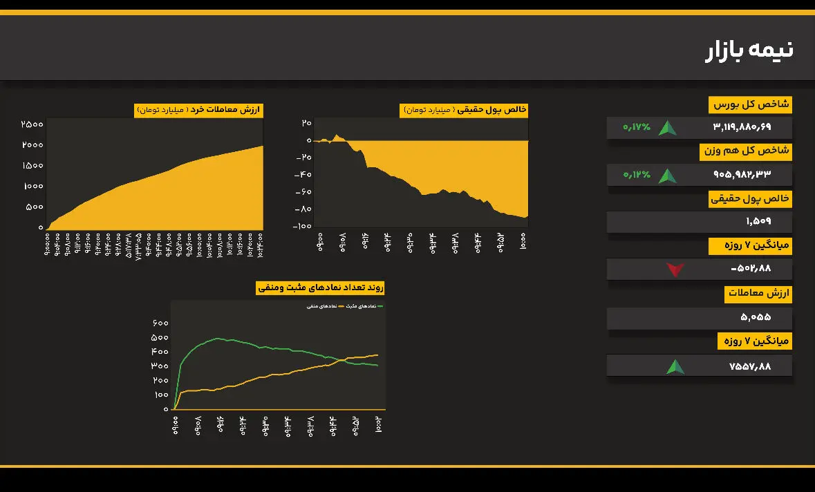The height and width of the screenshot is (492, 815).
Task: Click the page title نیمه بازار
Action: [749, 50]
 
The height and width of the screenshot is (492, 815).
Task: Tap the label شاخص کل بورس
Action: [751, 105]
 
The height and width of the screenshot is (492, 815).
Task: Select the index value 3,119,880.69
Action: [741, 127]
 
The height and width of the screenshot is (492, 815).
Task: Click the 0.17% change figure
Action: [637, 127]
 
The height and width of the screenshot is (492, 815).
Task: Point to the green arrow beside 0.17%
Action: [667, 128]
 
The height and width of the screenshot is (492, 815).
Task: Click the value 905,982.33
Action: [742, 174]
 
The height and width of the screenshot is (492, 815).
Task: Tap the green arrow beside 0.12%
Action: [667, 176]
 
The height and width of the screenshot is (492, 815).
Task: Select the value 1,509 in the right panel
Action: [758, 221]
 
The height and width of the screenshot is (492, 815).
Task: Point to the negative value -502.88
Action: [750, 268]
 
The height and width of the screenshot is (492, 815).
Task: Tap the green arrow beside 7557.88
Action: [675, 366]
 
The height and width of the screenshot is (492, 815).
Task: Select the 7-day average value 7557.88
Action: [749, 366]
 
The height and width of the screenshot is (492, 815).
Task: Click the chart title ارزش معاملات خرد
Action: [198, 110]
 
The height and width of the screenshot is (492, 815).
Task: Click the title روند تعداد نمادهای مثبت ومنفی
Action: [319, 287]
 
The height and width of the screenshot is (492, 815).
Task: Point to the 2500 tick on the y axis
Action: [32, 124]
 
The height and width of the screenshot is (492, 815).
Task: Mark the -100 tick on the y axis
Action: [301, 226]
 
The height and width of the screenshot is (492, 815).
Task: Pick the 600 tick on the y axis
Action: [160, 323]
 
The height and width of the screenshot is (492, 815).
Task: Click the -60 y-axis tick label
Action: [302, 191]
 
